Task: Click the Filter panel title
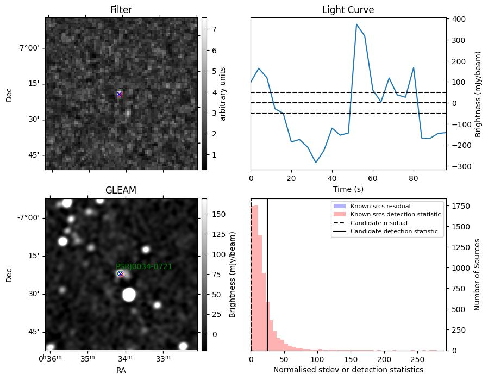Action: (121, 10)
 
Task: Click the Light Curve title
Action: (348, 10)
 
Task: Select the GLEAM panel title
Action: (121, 190)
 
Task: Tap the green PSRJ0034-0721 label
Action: (144, 266)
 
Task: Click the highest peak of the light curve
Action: (356, 24)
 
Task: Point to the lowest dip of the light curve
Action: (316, 163)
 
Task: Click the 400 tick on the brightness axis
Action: (459, 19)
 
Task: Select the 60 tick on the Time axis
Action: (373, 178)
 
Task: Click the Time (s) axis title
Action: (348, 189)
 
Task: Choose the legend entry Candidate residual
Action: (379, 223)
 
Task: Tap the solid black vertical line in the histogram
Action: (267, 275)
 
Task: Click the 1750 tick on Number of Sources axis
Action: (461, 206)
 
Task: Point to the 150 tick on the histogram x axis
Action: (351, 359)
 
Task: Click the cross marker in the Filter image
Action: (119, 94)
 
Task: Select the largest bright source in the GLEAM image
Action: (129, 295)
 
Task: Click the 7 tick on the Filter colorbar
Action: (214, 29)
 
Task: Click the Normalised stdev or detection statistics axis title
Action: (348, 370)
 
